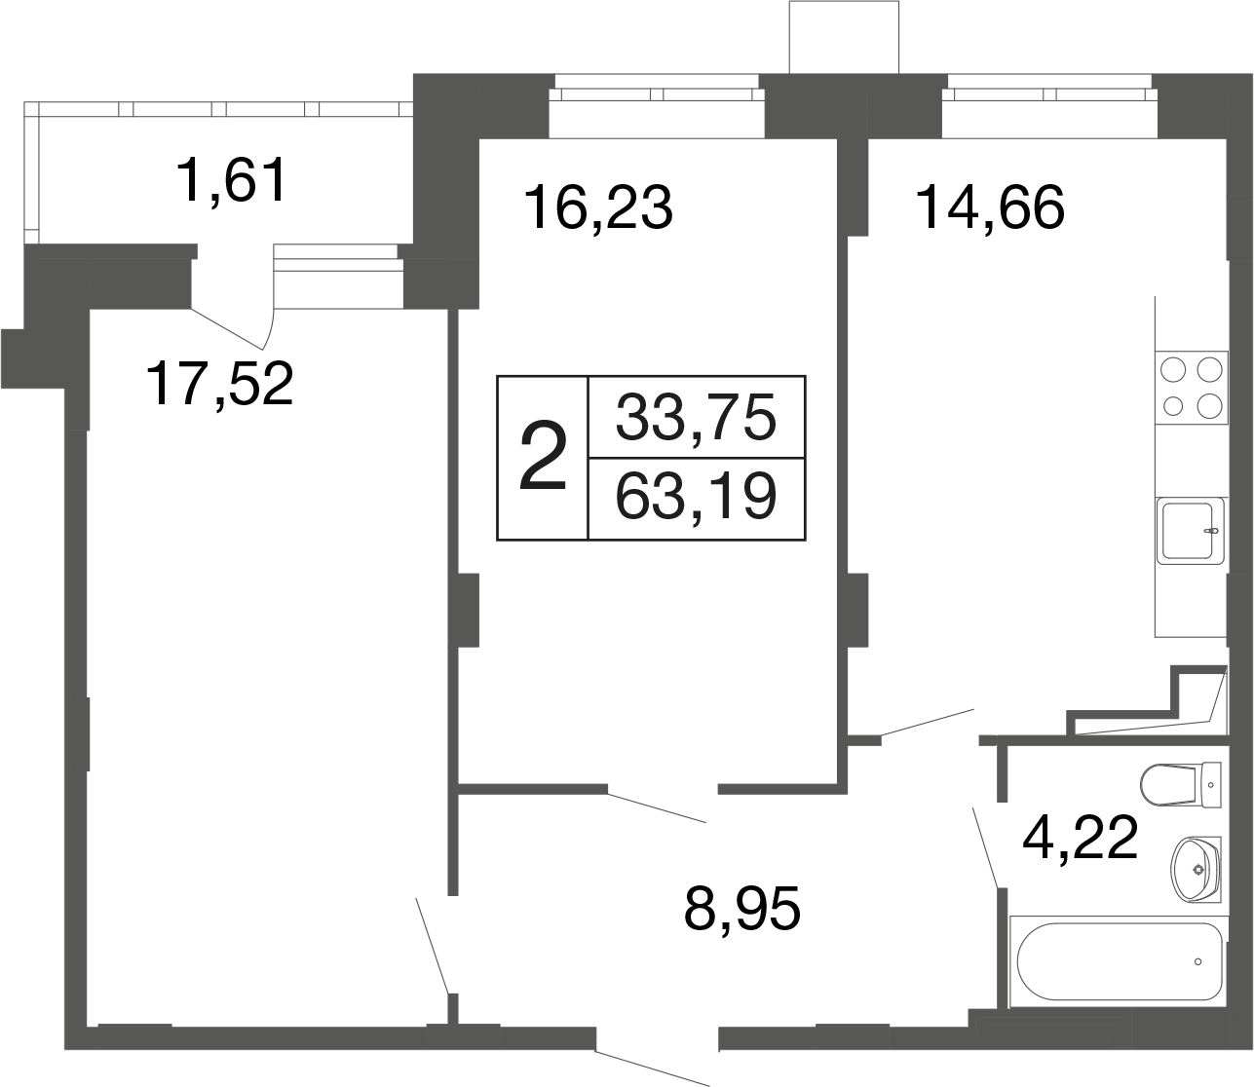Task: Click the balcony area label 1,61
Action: pos(231,180)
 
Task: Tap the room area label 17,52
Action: pos(220,384)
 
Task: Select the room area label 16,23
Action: pos(597,207)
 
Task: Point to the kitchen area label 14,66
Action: pos(990,207)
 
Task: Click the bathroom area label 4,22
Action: pos(1080,838)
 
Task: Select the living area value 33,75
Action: pos(696,417)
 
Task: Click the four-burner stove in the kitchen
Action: pos(1191,388)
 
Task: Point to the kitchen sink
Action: pos(1191,531)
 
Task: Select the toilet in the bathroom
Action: pos(1180,784)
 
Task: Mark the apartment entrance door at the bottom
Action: pos(652,1068)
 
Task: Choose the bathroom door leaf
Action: pos(985,847)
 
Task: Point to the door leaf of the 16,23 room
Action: pos(657,807)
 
